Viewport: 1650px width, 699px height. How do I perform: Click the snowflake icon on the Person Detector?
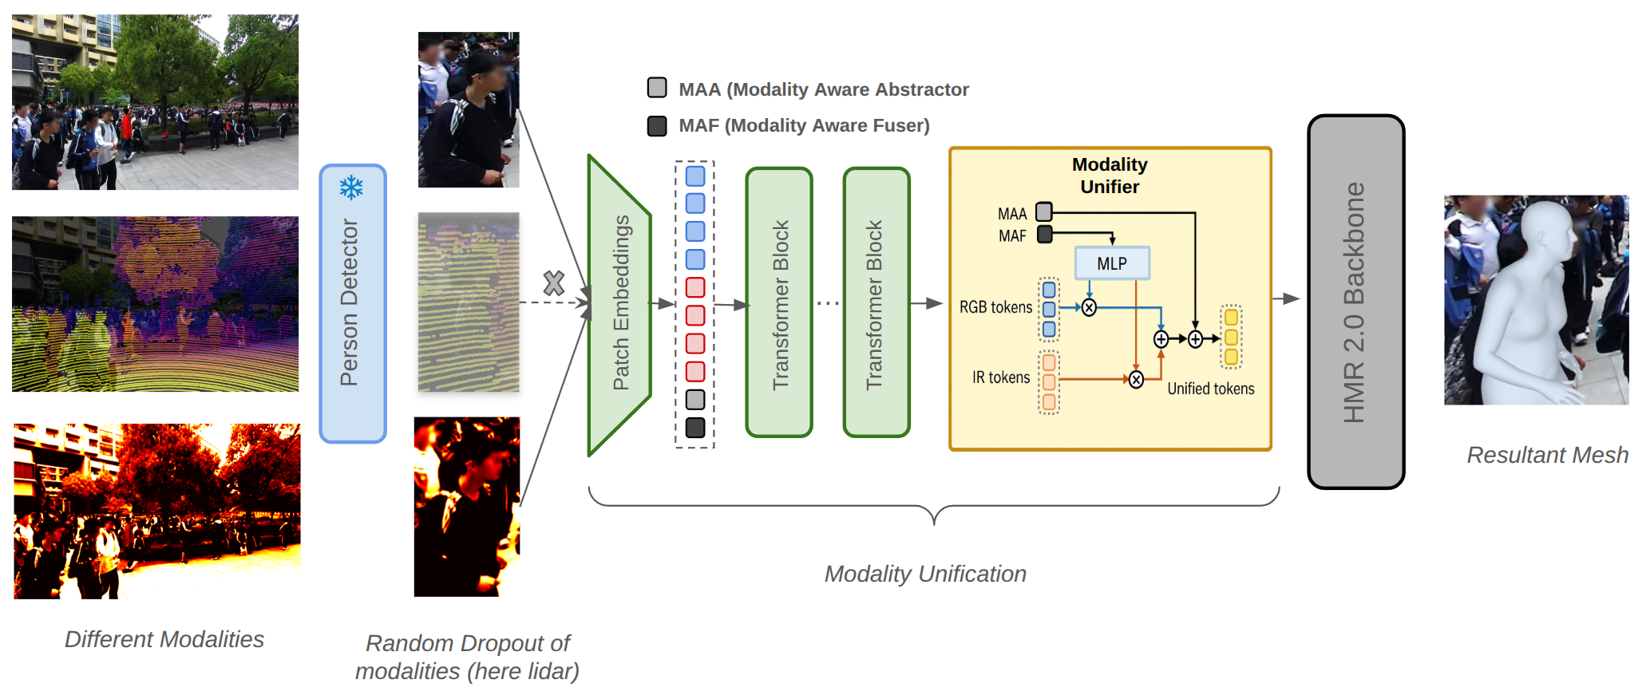click(351, 188)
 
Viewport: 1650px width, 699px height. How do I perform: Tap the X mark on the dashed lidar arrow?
click(553, 283)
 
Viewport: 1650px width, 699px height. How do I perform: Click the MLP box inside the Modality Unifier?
click(1112, 263)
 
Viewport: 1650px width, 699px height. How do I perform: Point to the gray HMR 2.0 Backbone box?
click(1355, 302)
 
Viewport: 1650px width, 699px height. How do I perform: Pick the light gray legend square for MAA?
click(657, 88)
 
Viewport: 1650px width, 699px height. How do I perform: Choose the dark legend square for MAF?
click(657, 126)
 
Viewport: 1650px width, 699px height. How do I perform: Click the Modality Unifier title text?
click(1110, 176)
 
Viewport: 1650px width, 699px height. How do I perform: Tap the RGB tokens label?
click(995, 307)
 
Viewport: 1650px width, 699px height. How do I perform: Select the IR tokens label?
click(1001, 377)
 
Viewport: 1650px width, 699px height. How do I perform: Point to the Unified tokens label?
click(1210, 389)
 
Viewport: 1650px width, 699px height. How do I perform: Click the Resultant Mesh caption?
click(1547, 455)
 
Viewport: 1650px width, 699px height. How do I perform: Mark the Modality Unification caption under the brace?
click(925, 574)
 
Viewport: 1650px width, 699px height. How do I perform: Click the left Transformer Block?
click(779, 302)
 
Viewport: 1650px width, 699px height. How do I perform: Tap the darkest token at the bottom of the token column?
click(695, 428)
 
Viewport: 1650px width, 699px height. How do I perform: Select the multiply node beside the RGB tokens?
click(1089, 307)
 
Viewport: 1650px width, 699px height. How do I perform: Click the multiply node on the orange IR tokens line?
click(1136, 380)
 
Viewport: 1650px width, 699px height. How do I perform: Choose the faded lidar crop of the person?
click(469, 302)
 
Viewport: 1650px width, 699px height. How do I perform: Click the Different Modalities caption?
click(164, 639)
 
